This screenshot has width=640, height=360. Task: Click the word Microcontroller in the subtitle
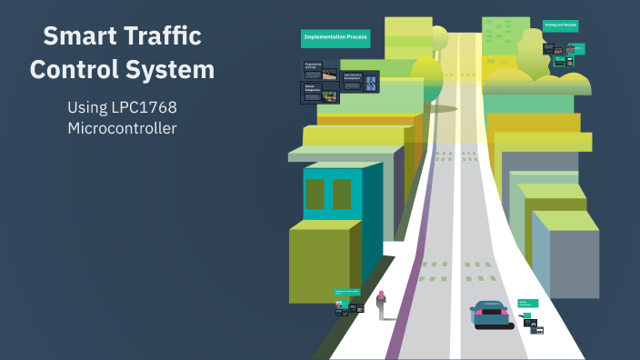coord(122,128)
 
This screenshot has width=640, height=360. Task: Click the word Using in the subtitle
coord(87,107)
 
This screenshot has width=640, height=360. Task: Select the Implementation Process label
coord(335,39)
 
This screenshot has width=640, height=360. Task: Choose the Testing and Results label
coord(561,26)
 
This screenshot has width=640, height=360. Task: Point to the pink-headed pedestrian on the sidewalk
coord(381,305)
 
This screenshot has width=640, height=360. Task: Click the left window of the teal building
coord(315,194)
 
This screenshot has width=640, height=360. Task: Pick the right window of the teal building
coord(342,194)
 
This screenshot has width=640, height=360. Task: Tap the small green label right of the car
coord(528,302)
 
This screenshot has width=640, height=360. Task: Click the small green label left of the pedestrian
coord(347,293)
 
